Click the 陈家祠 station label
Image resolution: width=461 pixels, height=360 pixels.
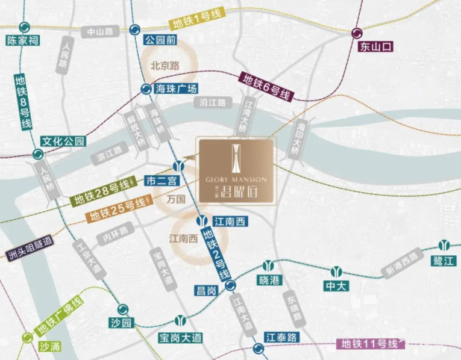(22, 41)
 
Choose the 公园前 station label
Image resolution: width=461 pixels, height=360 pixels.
(160, 40)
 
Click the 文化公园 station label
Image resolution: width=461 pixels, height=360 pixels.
(63, 141)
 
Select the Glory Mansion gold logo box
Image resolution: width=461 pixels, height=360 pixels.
(237, 170)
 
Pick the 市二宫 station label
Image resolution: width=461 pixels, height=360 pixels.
(160, 181)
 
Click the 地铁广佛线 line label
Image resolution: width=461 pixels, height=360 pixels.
(58, 318)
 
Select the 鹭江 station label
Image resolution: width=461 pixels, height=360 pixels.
(444, 259)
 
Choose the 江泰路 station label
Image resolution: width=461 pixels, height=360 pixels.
(281, 337)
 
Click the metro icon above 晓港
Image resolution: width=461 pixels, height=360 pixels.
(269, 265)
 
